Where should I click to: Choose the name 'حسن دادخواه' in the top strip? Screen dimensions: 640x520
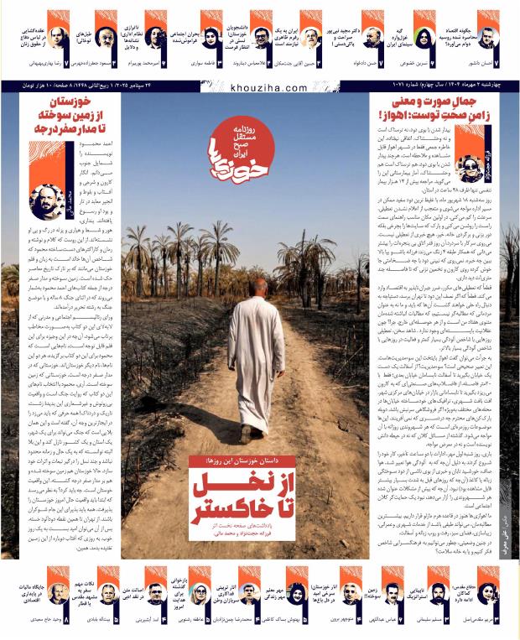352,62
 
